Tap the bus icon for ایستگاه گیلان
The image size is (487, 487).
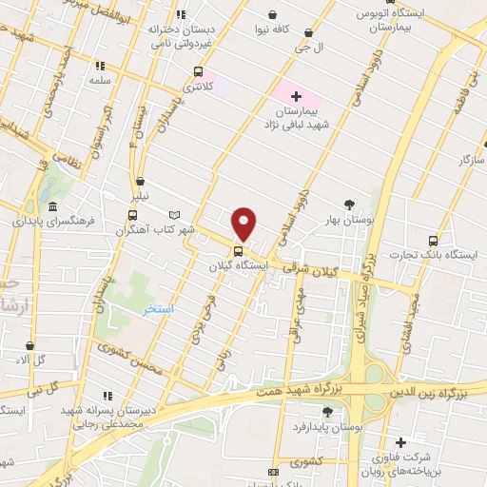[238, 252]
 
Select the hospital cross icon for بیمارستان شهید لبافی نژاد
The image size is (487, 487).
[296, 95]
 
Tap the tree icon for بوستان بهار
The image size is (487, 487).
[349, 205]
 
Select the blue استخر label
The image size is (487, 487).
[158, 309]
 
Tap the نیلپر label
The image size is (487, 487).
[139, 197]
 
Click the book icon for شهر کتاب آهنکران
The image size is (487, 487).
[172, 215]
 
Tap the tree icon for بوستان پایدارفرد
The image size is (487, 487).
[327, 412]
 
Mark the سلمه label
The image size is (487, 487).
[101, 82]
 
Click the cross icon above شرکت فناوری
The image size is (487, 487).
[400, 442]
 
